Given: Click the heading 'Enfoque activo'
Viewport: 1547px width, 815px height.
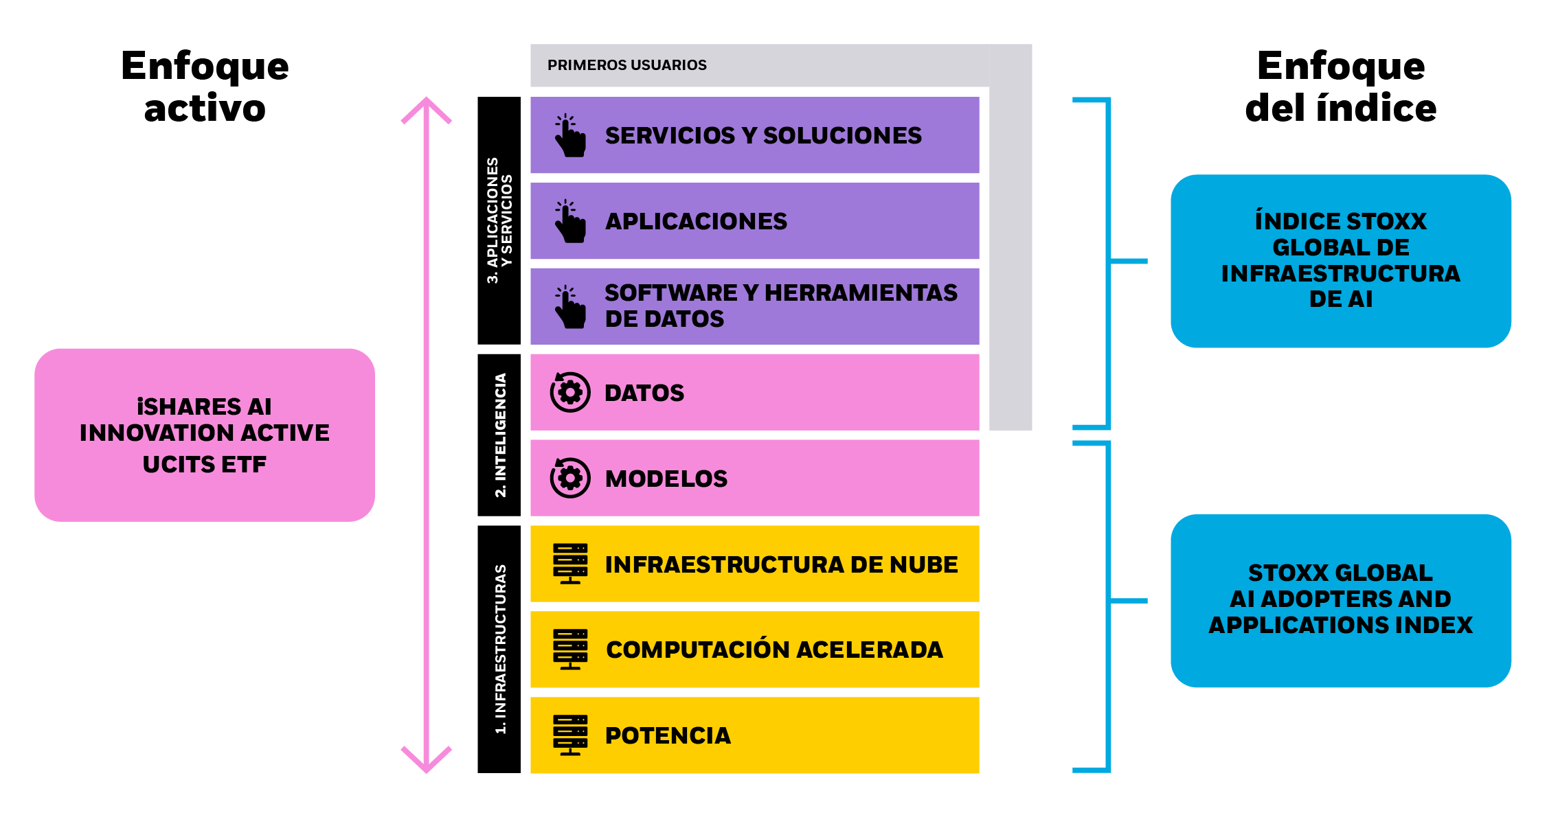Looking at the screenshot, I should [205, 87].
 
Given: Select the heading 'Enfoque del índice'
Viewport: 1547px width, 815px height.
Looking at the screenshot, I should [1340, 87].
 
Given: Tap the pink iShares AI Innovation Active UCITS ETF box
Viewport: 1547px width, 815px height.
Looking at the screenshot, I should [205, 435].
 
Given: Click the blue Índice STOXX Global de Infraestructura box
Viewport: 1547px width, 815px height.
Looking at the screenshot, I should [1340, 261].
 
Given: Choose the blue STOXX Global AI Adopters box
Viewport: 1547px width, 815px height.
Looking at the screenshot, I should [1340, 600].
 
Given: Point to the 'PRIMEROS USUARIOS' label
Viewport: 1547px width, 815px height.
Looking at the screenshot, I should [626, 65].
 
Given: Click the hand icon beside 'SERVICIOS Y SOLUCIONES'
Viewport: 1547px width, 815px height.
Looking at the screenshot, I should [570, 135].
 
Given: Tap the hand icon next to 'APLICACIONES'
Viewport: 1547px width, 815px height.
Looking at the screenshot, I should [570, 221].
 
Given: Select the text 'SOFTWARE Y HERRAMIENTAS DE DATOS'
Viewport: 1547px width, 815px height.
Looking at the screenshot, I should [780, 306].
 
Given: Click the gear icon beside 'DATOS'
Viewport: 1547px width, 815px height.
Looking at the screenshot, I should [570, 392].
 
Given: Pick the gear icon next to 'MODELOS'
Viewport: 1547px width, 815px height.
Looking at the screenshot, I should [570, 478].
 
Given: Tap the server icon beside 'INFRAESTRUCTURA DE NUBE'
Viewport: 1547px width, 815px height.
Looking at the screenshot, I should [570, 564].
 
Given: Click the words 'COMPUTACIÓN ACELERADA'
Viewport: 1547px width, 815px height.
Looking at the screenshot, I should [774, 650].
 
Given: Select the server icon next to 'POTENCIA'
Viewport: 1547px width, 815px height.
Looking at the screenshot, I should [570, 735].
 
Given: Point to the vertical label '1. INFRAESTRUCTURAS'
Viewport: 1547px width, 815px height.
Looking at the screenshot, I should [500, 650].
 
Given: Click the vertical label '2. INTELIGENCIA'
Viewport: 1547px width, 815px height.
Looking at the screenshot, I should [500, 435].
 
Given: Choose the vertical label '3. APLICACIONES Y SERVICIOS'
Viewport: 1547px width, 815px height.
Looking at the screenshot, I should [499, 220].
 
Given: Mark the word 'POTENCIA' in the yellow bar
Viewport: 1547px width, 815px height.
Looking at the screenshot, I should [668, 735].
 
